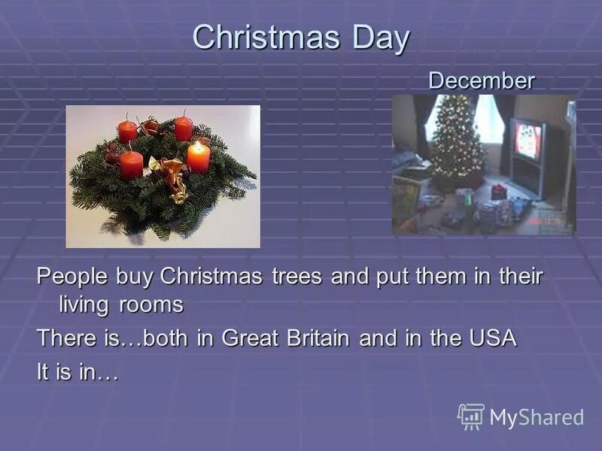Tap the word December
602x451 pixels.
pyautogui.click(x=482, y=80)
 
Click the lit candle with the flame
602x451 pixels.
pyautogui.click(x=199, y=156)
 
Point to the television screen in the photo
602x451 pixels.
pyautogui.click(x=528, y=141)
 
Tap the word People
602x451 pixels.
pyautogui.click(x=73, y=277)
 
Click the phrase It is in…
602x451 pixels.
pyautogui.click(x=77, y=371)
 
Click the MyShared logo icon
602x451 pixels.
pyautogui.click(x=471, y=416)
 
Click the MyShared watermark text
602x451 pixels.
pyautogui.click(x=537, y=418)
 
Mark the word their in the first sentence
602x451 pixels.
pyautogui.click(x=518, y=277)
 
